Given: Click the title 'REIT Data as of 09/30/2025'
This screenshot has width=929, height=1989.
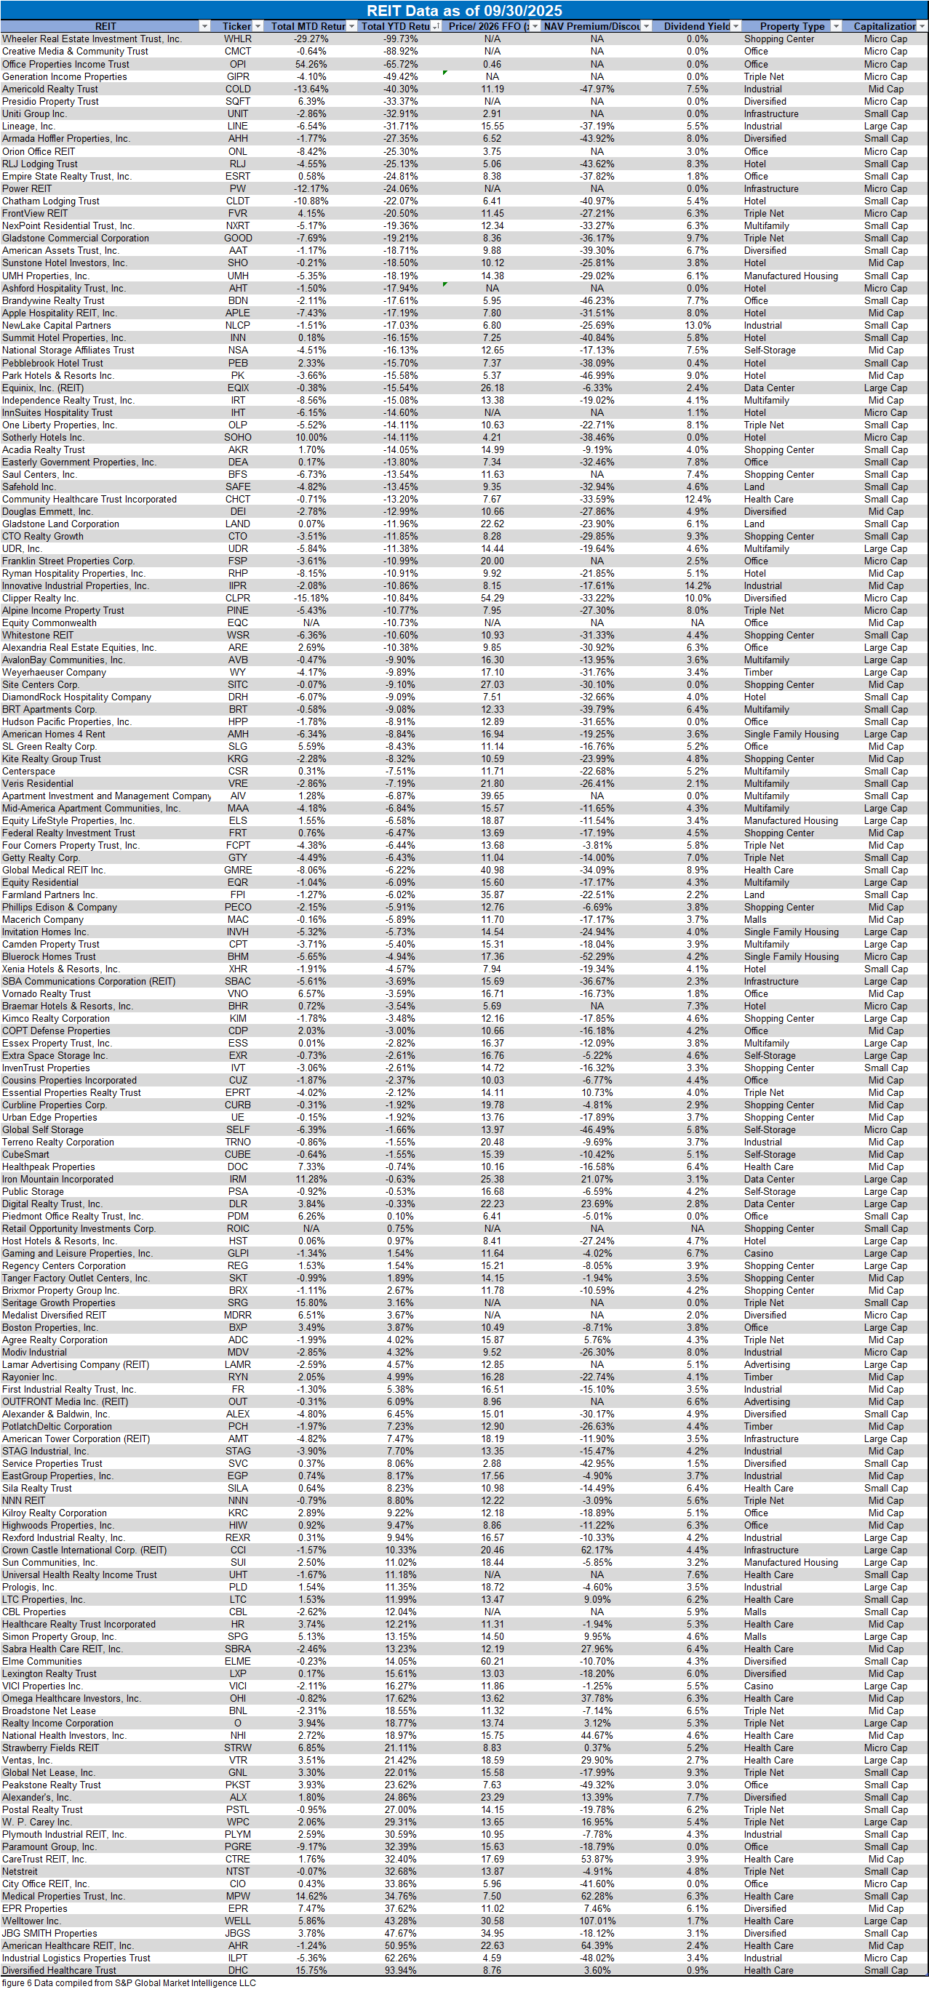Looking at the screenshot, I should pos(464,10).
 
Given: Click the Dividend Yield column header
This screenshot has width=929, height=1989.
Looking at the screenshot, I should pos(696,26).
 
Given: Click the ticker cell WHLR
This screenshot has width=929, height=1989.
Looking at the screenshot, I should pos(238,39).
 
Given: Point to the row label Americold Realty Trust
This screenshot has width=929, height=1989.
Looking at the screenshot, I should pos(50,89).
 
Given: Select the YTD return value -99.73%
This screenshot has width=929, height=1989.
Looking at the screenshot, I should pos(401,39).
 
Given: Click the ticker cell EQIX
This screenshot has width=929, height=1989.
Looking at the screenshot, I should pos(238,388).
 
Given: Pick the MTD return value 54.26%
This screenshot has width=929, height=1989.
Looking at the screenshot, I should pos(311,64).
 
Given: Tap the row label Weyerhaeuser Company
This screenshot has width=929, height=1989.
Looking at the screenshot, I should pos(54,673).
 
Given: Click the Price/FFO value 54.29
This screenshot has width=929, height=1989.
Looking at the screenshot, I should pos(492,599).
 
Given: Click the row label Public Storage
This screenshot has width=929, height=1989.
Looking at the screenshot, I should pos(33,1191).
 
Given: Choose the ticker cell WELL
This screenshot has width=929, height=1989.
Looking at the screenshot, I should pos(238,1921).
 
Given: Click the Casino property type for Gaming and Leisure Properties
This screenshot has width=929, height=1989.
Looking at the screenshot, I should pos(758,1253).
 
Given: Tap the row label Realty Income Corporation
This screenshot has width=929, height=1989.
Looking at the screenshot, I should pos(58,1724).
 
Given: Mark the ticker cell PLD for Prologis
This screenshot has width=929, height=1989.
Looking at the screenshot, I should pos(238,1588).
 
